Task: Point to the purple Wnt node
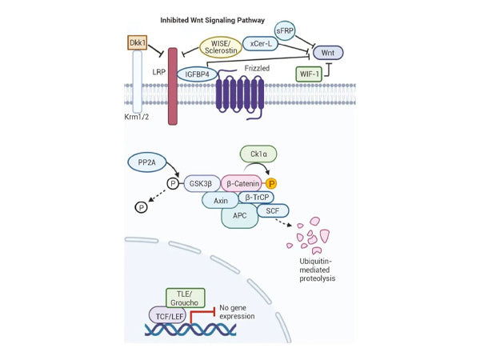tap(328, 54)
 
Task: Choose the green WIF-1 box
tap(306, 74)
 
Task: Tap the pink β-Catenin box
tap(248, 184)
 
